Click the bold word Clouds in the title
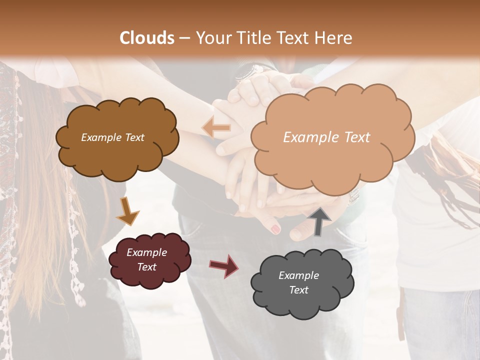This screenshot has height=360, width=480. [x=147, y=38]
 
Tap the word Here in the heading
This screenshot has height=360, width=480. [x=334, y=38]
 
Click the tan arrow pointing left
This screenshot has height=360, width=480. [x=216, y=128]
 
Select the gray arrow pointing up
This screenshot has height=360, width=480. [x=319, y=221]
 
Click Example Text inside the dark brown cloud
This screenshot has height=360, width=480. [x=112, y=137]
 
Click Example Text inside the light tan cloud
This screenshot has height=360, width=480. [x=326, y=137]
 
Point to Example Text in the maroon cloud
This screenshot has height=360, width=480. [x=147, y=259]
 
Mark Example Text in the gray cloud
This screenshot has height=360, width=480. [x=298, y=282]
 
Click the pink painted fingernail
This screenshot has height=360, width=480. [x=275, y=229]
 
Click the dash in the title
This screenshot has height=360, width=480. [x=184, y=38]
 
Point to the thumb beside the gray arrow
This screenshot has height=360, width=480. [x=300, y=230]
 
